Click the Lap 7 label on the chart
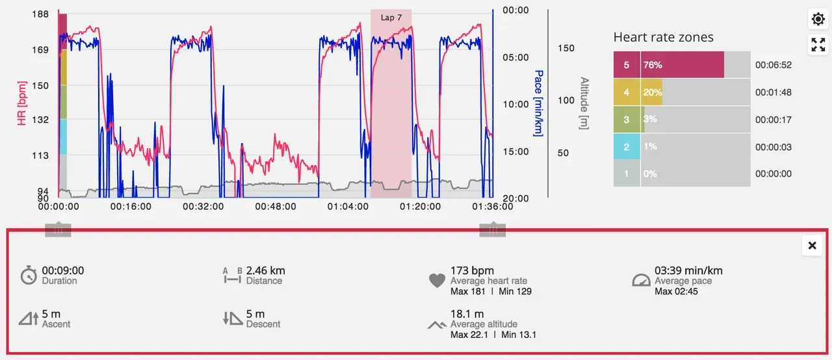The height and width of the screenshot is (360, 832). (x=391, y=18)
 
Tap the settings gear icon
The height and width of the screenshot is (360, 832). (x=818, y=19)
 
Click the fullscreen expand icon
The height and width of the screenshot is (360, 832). (x=818, y=45)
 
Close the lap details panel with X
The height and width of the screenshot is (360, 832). (x=812, y=246)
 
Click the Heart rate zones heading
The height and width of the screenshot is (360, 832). (x=663, y=38)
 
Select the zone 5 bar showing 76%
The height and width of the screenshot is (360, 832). (x=681, y=65)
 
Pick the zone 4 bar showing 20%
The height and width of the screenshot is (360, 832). (x=651, y=92)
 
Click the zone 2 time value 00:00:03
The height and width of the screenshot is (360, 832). (x=773, y=147)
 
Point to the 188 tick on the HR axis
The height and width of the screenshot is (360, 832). (x=40, y=14)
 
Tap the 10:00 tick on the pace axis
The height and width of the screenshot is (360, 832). (x=515, y=104)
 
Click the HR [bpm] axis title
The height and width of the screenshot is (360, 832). (x=22, y=103)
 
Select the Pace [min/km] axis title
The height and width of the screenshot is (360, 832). (x=538, y=103)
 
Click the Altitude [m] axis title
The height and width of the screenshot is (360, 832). (x=584, y=103)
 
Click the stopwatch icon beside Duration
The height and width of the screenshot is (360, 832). (x=28, y=276)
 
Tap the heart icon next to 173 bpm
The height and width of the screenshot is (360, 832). (x=437, y=281)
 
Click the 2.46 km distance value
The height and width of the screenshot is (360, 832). (x=265, y=270)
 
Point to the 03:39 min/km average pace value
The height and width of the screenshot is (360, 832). (x=688, y=270)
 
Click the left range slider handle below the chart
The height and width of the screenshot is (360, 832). (x=58, y=229)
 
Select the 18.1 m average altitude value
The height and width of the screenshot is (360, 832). (x=467, y=314)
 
